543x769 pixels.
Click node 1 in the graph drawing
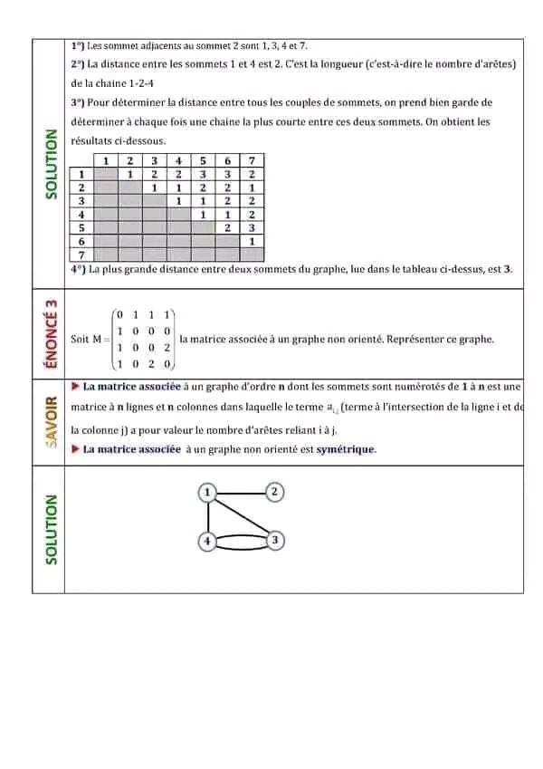tap(208, 492)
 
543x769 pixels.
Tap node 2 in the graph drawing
tap(276, 492)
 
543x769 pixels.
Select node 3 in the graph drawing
tap(276, 541)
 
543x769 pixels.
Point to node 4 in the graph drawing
tap(208, 542)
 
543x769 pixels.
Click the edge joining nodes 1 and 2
tap(242, 492)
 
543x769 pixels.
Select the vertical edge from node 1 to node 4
tap(208, 516)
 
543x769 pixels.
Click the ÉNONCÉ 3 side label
tap(51, 338)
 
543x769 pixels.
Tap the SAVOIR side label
tap(51, 422)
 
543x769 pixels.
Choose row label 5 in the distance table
tap(82, 228)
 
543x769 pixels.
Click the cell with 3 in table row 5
tap(251, 228)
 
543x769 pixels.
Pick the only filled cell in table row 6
tap(251, 242)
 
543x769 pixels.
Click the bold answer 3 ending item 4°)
tap(509, 269)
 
